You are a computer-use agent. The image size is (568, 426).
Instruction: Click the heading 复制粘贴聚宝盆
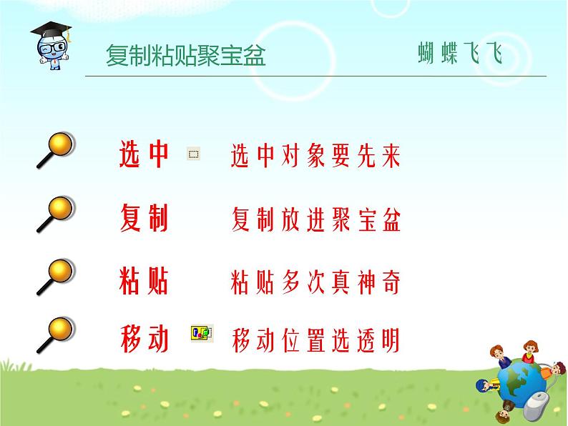click(186, 55)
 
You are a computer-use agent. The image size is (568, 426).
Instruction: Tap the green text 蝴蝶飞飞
click(460, 53)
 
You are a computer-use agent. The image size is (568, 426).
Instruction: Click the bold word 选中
click(144, 154)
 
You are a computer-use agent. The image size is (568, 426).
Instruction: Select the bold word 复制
click(144, 217)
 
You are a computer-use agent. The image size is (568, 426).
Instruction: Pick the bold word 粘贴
click(144, 280)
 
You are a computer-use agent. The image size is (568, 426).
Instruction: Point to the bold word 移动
click(145, 338)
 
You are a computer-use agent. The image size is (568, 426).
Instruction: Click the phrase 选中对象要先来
click(315, 156)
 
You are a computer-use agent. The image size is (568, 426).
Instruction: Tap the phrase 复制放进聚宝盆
click(316, 219)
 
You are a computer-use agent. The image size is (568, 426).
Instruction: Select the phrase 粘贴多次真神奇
click(315, 282)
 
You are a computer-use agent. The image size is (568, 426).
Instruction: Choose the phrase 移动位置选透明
click(315, 340)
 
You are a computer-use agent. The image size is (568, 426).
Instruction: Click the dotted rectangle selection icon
click(194, 154)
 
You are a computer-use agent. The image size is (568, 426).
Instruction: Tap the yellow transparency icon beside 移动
click(202, 333)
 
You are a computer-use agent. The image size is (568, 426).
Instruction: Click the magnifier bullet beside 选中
click(56, 150)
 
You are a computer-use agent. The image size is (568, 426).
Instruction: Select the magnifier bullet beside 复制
click(56, 214)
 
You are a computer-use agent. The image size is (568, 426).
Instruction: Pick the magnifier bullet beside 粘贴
click(56, 277)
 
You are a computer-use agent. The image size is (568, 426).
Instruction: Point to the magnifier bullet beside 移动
click(56, 335)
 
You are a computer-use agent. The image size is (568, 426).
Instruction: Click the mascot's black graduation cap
click(51, 30)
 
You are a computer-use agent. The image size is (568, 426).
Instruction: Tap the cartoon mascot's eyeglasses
click(53, 47)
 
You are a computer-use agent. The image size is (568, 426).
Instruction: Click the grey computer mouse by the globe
click(537, 406)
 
